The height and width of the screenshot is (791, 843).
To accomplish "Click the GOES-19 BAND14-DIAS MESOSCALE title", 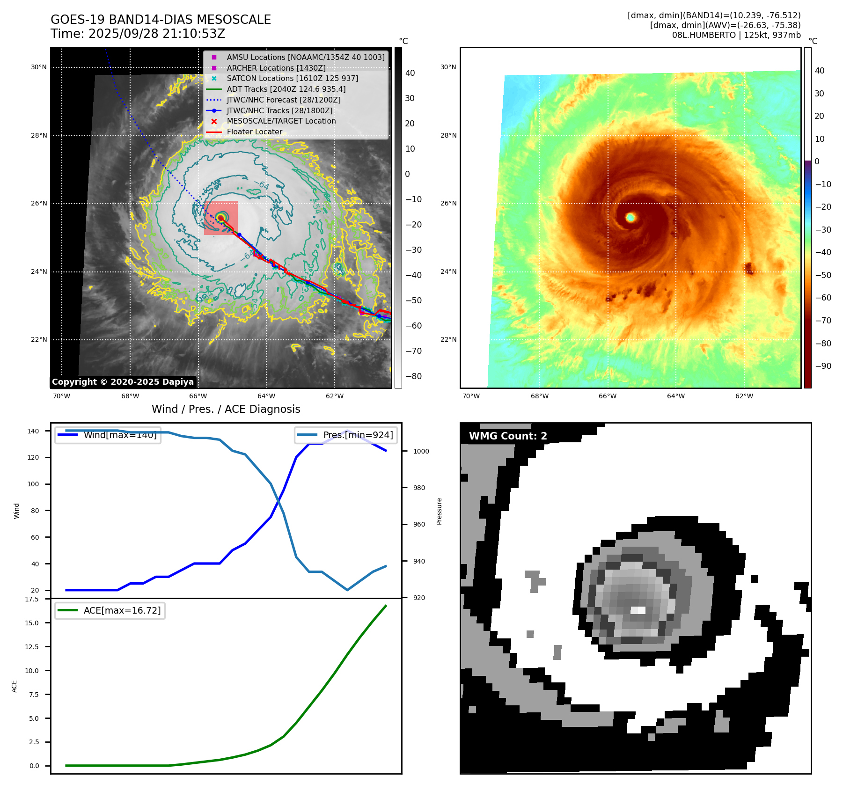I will tap(161, 20).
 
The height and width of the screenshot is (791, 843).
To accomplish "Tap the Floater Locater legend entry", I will tap(254, 132).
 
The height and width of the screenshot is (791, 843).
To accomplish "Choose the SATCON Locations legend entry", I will tap(292, 78).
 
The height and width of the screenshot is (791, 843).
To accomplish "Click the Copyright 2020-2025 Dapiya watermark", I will tap(123, 382).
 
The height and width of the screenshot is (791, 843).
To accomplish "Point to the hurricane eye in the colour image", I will tap(630, 217).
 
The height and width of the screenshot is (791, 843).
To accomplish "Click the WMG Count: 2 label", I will tap(508, 436).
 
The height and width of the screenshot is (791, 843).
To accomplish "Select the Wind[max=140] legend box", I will tap(108, 435).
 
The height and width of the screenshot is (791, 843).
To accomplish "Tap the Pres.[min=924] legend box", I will tap(346, 435).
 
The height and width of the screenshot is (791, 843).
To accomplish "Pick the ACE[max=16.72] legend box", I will tap(110, 610).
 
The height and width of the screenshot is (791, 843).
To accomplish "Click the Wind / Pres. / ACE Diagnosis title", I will tap(226, 409).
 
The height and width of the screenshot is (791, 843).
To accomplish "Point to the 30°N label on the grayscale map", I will tap(39, 67).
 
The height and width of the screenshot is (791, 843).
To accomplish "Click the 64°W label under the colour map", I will tap(675, 396).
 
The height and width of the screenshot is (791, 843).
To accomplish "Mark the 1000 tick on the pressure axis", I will tap(421, 451).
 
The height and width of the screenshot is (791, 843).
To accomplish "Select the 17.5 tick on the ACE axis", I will tap(32, 599).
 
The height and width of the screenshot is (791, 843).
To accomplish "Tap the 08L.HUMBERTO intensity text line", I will tap(736, 35).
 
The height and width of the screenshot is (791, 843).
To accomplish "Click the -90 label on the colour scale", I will tap(823, 366).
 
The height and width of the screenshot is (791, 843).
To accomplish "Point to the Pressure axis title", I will tap(439, 511).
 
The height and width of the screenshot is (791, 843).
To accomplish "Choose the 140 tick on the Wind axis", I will tap(33, 431).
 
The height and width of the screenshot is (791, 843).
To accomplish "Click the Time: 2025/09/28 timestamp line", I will tap(138, 34).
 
